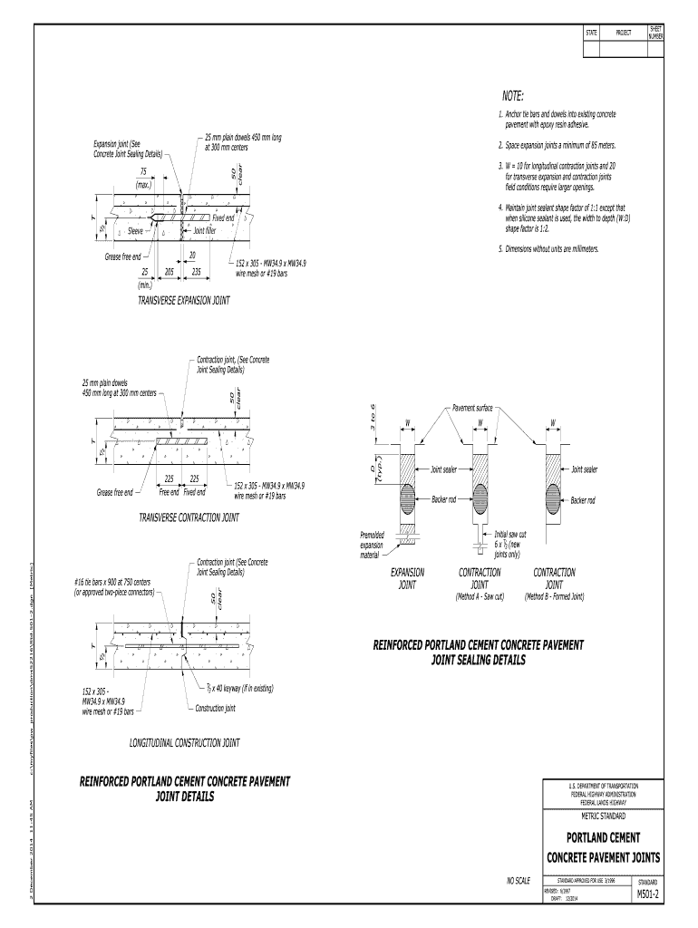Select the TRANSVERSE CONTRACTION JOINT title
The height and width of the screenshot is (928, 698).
pos(189,517)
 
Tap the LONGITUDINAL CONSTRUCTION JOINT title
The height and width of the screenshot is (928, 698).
pos(185,743)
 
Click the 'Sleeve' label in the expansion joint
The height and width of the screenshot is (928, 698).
pos(140,231)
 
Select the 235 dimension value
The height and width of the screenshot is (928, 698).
pos(196,271)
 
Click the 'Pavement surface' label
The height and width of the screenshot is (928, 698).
pos(472,408)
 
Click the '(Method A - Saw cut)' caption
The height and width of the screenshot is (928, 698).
pos(480,596)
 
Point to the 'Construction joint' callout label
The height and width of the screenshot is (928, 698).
pos(216,708)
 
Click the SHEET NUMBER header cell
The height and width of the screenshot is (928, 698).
pos(655,33)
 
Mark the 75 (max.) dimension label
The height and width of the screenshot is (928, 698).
pos(143,178)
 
